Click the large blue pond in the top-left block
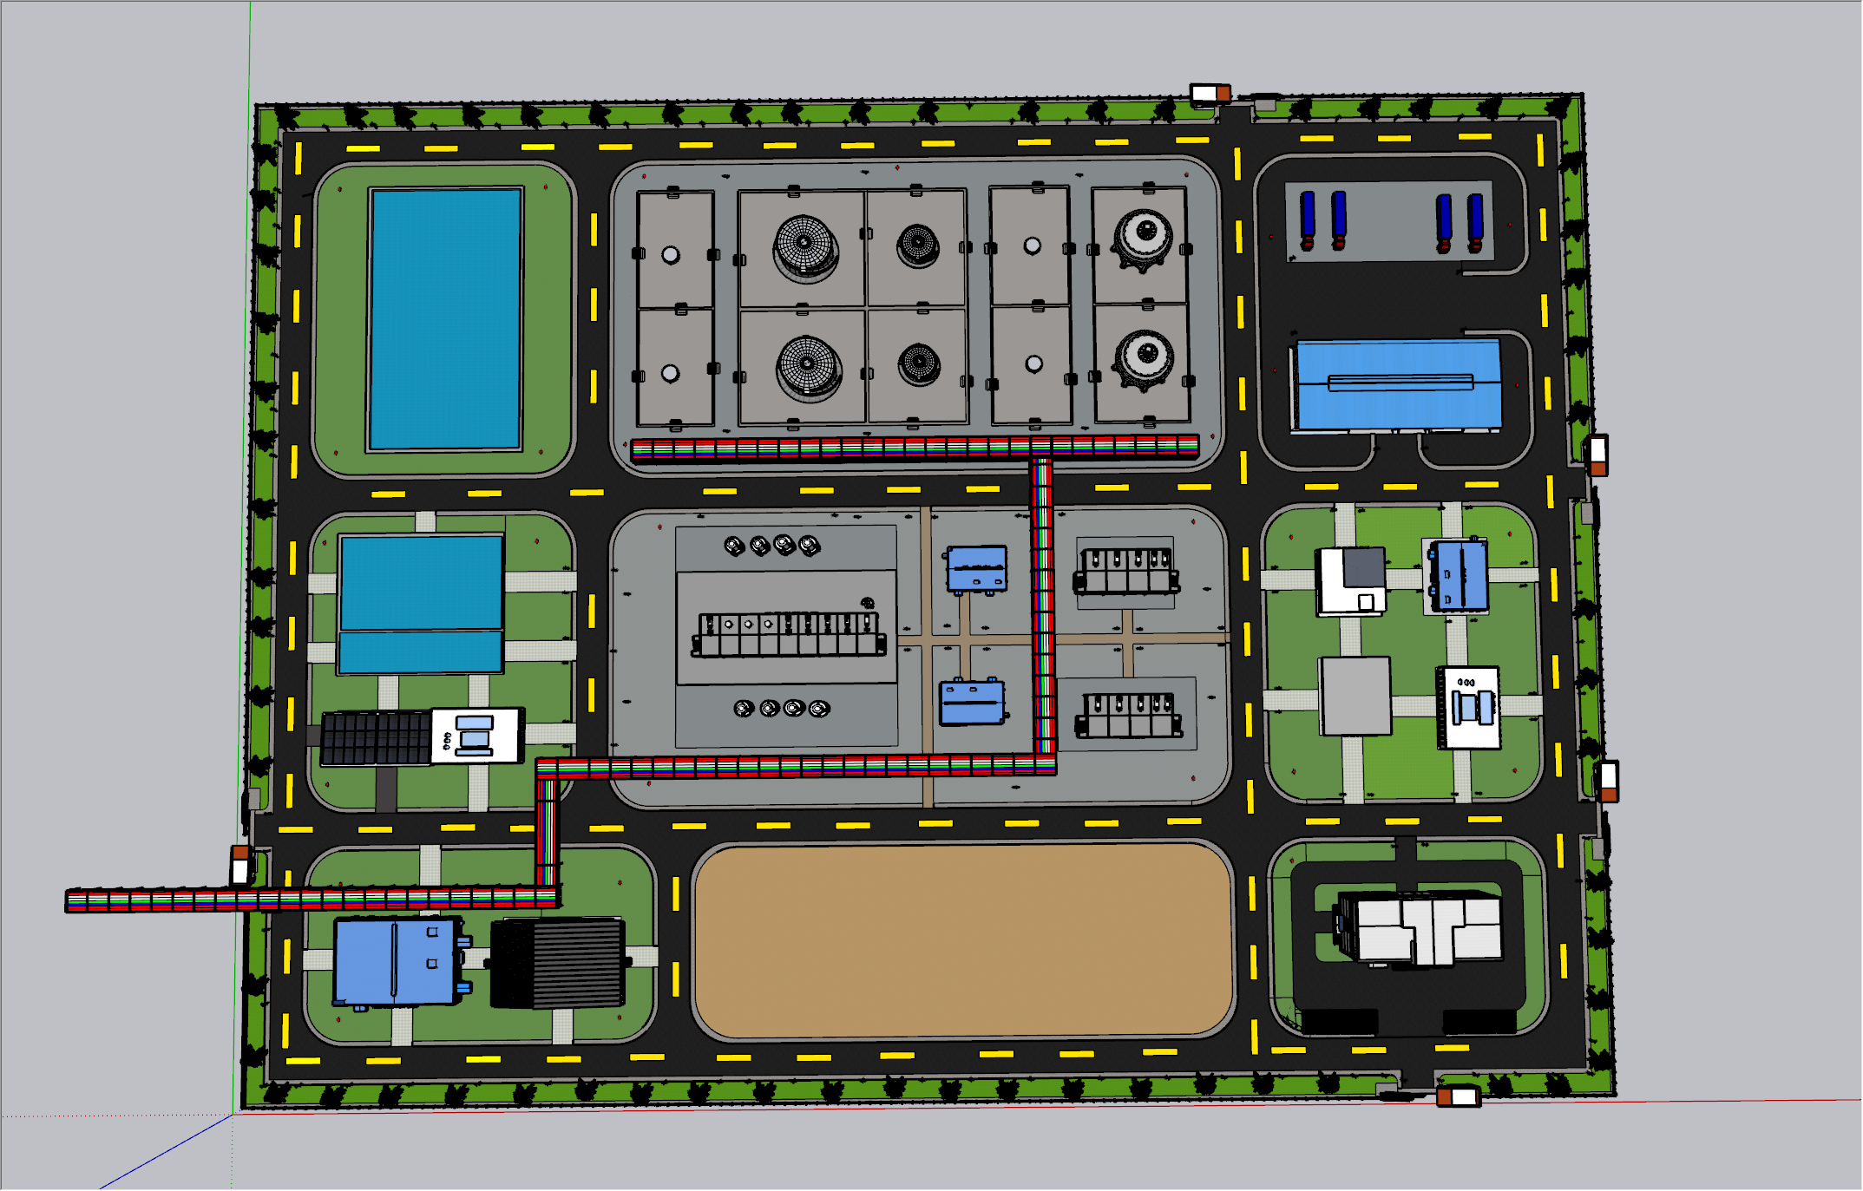point(445,318)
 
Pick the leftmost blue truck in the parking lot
point(1307,219)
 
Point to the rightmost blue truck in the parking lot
point(1475,222)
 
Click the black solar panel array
point(376,738)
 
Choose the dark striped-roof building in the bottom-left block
point(558,963)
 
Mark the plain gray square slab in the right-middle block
point(1355,696)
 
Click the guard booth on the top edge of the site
point(1210,94)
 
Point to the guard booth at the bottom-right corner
point(1458,1096)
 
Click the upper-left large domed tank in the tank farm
point(805,247)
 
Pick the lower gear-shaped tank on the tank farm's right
point(1144,358)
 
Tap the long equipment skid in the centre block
point(788,633)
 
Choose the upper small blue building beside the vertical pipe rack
point(977,568)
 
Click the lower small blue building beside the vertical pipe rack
point(973,702)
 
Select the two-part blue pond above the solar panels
point(421,604)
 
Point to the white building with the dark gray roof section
point(1351,580)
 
